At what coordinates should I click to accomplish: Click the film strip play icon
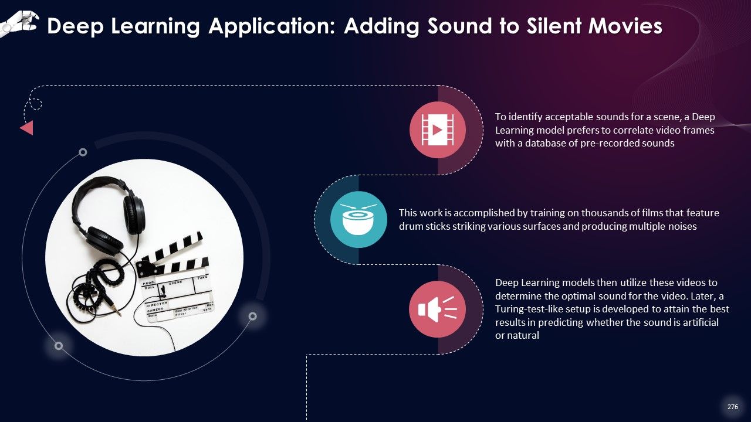tap(438, 130)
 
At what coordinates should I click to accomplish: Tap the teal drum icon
tap(358, 219)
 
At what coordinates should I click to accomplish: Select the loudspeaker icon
tap(437, 309)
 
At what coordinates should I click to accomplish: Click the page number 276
tap(733, 407)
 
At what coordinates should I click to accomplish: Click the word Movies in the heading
tap(625, 26)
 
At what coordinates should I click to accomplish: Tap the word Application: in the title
tap(272, 27)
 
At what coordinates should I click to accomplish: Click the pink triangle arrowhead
tap(27, 128)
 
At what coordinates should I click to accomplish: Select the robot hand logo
tap(19, 23)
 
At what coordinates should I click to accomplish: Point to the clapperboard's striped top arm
tap(171, 249)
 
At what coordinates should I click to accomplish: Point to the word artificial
tap(700, 322)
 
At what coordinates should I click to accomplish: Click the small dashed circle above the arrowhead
tap(36, 104)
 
